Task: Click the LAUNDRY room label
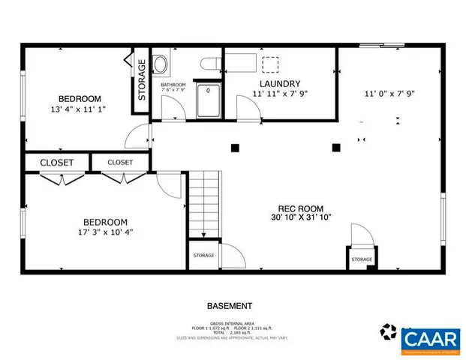[280, 84]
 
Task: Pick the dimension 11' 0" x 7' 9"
[389, 94]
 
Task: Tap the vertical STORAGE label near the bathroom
[142, 80]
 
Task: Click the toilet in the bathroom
[161, 64]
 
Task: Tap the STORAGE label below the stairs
[203, 256]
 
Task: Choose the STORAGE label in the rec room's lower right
[362, 259]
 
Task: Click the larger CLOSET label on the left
[57, 163]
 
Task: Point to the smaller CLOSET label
[120, 162]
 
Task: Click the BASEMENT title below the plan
[230, 306]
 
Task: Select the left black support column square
[235, 147]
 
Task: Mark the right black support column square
[335, 147]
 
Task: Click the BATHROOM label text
[173, 85]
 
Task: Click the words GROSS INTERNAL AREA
[230, 322]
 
